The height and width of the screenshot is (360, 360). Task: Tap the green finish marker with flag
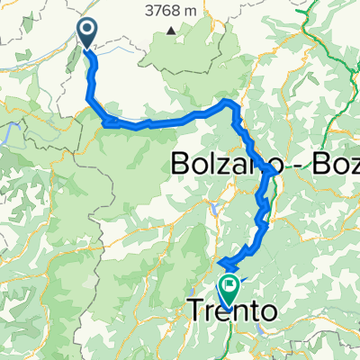(x=229, y=288)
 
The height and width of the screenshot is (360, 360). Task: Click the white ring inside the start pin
(x=90, y=31)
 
